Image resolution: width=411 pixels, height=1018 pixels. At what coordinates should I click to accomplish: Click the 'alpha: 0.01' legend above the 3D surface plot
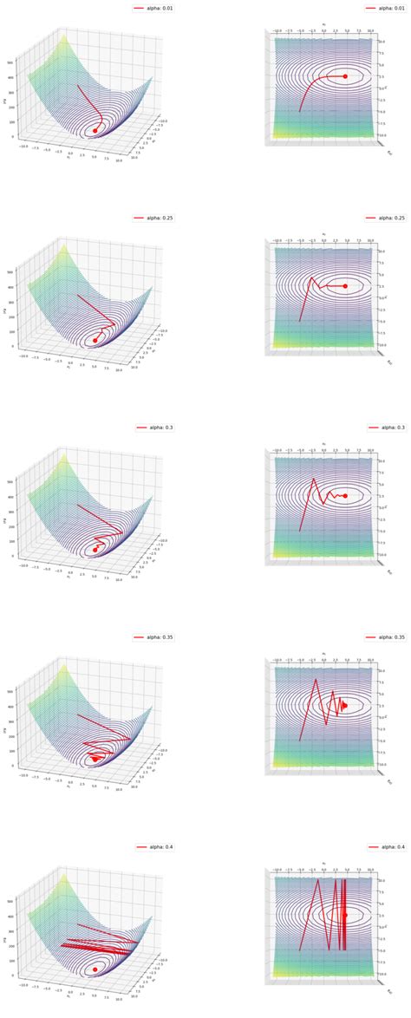[153, 7]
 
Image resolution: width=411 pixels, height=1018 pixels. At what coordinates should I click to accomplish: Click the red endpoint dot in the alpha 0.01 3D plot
[95, 131]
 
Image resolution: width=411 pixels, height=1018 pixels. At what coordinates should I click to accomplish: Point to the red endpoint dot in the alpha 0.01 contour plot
[345, 76]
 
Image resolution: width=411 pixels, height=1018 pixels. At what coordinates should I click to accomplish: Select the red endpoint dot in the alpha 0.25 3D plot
[95, 341]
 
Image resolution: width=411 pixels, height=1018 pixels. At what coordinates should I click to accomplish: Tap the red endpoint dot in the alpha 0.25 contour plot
[345, 285]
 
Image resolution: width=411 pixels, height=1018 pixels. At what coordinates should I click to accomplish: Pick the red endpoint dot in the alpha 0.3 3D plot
[95, 550]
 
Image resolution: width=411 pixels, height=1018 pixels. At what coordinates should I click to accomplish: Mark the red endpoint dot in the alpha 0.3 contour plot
[345, 495]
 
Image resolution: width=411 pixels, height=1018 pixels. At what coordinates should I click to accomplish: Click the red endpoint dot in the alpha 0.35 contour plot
[345, 705]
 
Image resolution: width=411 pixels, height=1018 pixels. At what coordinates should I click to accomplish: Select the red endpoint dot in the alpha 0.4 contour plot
[345, 915]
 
